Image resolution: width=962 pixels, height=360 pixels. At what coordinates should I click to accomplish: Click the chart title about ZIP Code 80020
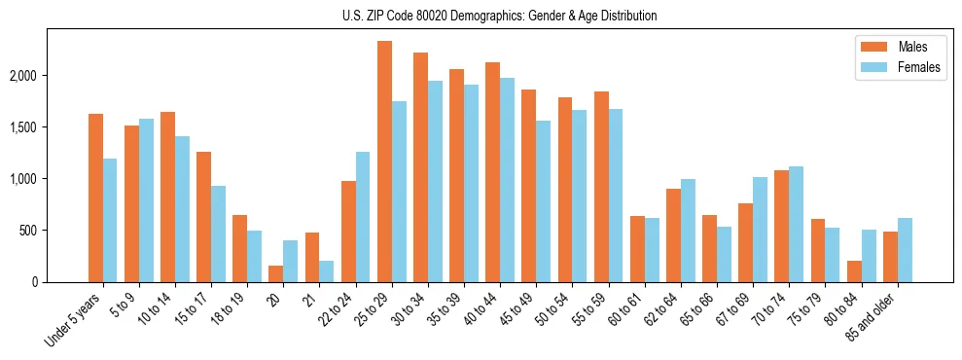point(499,16)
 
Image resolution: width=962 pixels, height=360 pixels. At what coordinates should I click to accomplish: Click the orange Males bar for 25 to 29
point(384,162)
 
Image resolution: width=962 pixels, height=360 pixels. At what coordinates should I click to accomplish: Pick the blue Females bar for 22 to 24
point(363,217)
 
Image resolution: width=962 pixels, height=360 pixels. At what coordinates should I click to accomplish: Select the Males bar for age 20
point(276,274)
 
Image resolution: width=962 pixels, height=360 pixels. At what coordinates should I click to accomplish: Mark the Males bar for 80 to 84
point(854,271)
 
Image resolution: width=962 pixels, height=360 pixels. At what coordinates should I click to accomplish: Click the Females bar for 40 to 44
point(507,180)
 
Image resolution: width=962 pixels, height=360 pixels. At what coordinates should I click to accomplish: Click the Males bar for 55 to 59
point(601,187)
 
